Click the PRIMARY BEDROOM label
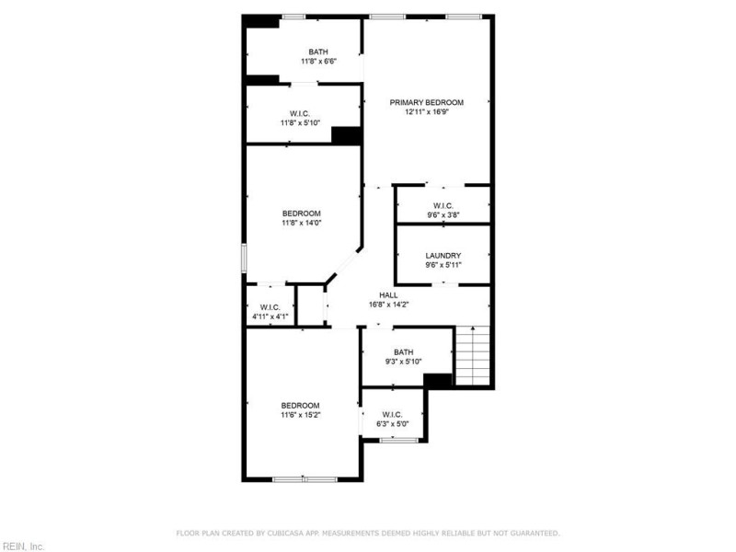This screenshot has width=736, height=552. tap(426, 102)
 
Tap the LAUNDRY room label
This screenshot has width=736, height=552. tap(443, 255)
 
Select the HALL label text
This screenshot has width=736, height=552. tap(388, 294)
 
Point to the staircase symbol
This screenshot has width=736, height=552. tap(475, 357)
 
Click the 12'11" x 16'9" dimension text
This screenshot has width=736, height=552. tap(426, 112)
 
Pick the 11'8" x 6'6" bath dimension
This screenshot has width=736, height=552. tap(318, 62)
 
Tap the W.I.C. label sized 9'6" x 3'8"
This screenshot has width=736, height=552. tap(443, 205)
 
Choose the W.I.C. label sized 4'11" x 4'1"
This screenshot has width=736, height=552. tap(270, 307)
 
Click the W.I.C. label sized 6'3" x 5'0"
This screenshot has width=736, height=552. tap(392, 415)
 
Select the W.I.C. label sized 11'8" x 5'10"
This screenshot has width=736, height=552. tap(300, 112)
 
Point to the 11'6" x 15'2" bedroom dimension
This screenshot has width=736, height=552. tap(301, 415)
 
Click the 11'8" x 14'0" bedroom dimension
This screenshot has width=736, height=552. tap(301, 222)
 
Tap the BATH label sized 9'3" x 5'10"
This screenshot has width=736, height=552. tap(404, 351)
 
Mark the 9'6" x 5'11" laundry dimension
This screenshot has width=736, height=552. tap(443, 265)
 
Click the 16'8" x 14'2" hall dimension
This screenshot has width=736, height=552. tap(388, 305)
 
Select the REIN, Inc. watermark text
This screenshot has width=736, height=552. tap(23, 546)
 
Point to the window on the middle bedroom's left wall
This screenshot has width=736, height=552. tap(245, 258)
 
